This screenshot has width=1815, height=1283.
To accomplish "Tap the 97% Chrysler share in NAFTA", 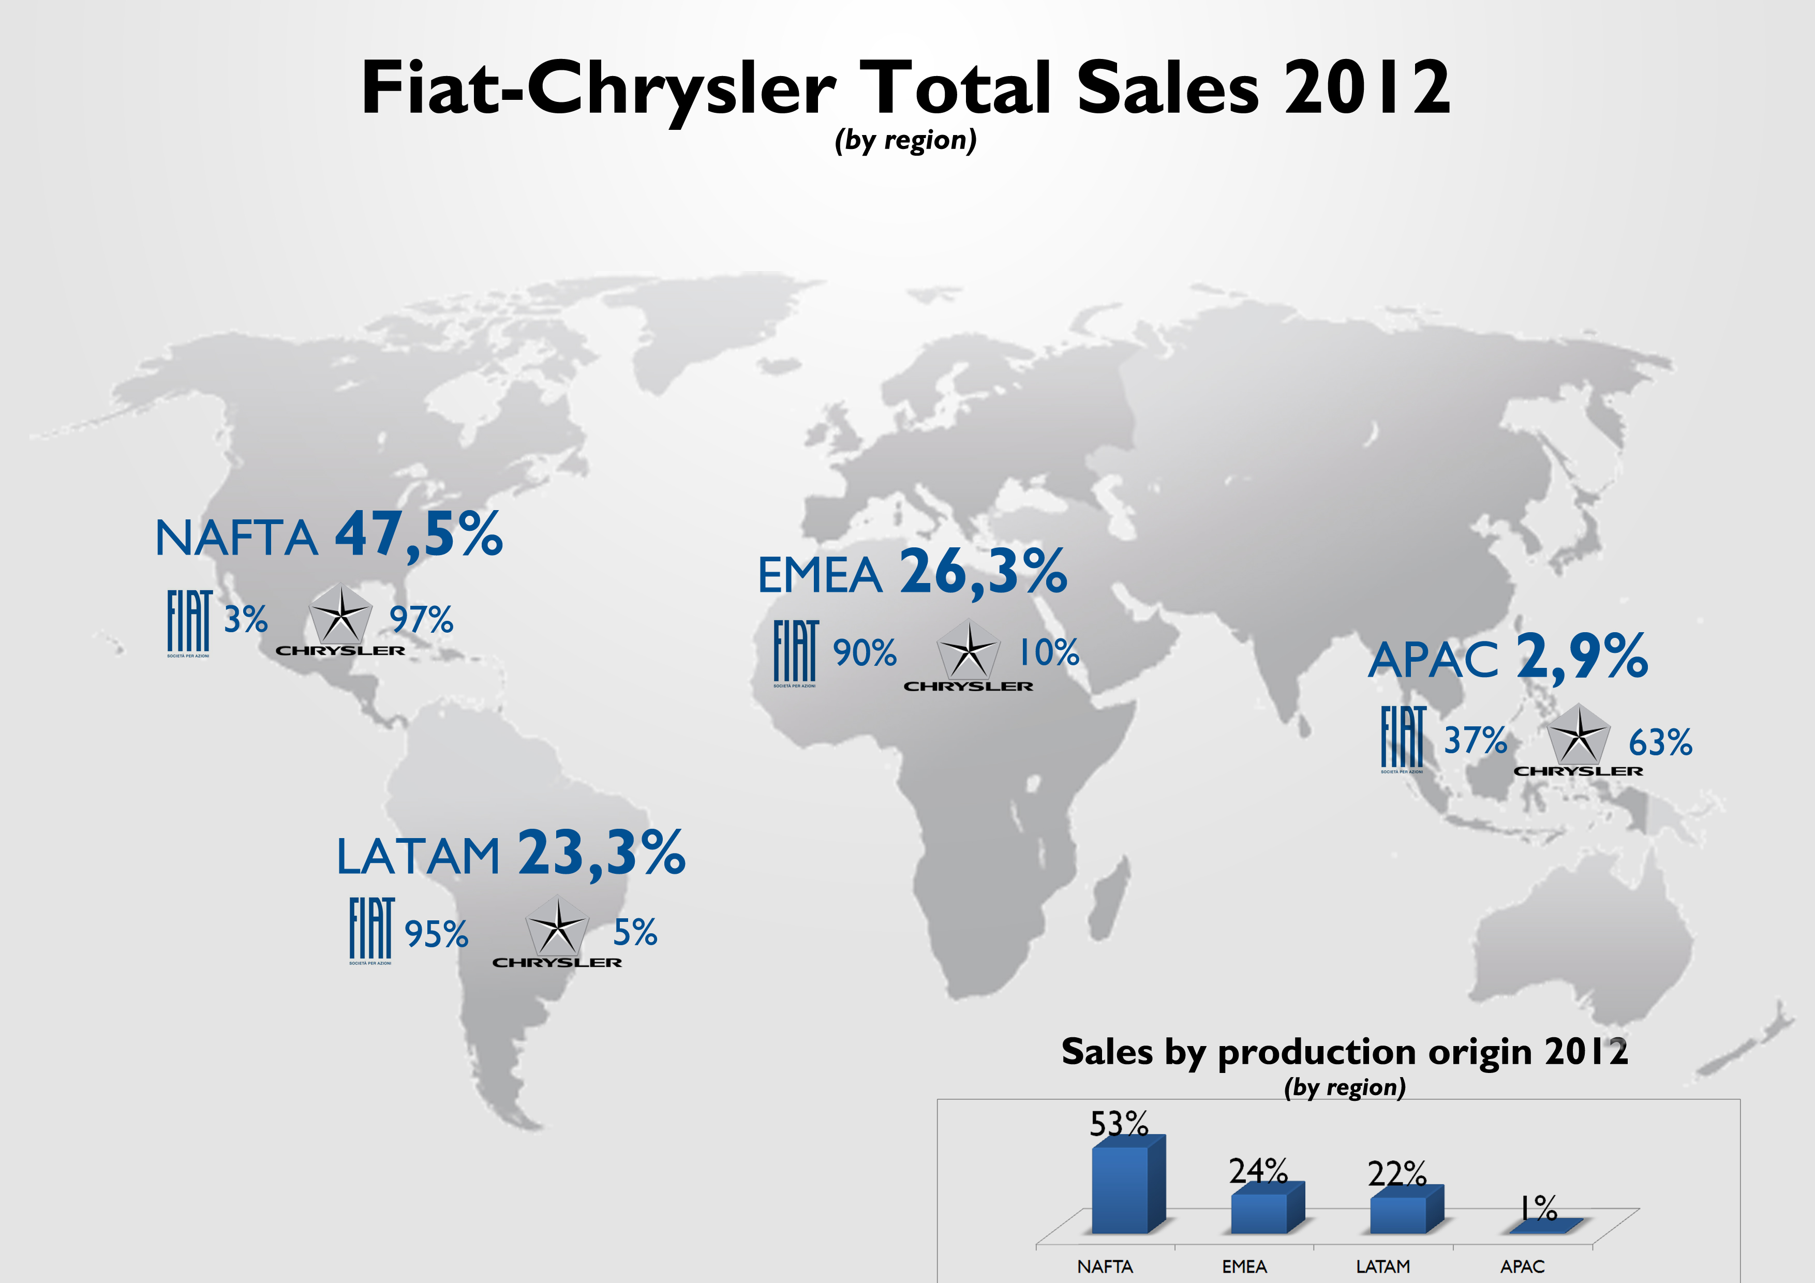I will click(421, 620).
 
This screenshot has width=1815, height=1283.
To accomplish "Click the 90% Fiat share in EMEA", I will click(864, 653).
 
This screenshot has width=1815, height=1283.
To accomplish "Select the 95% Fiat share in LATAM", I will click(436, 934).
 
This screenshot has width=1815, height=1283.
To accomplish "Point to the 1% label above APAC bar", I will click(1538, 1208).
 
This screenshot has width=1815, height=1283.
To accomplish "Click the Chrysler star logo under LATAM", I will click(557, 927).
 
